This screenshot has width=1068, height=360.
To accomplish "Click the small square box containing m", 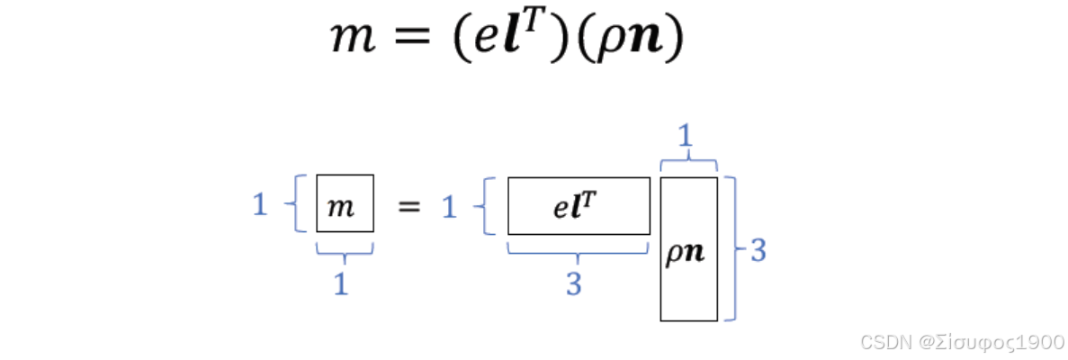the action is tap(344, 204).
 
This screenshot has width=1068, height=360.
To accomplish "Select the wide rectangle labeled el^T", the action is tap(579, 205).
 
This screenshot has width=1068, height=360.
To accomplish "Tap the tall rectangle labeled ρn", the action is tap(688, 249).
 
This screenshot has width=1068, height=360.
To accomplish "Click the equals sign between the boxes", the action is tap(408, 206).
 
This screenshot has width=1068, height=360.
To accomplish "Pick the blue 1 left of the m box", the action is tap(260, 206).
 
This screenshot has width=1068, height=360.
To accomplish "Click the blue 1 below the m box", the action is tap(341, 284).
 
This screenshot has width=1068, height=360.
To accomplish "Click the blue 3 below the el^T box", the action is tap(573, 284).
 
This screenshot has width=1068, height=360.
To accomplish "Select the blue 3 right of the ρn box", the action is tap(758, 251).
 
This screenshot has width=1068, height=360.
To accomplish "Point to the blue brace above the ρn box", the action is tap(688, 163).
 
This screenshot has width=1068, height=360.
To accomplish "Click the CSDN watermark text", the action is tap(960, 342).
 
